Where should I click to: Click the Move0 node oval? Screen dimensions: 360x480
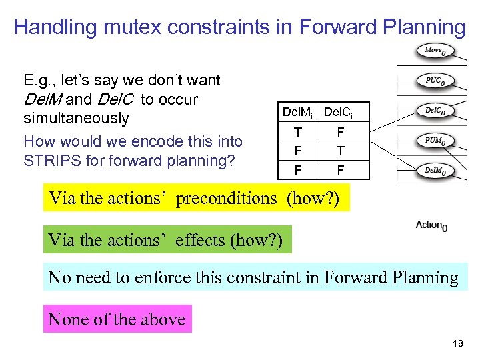(x=437, y=51)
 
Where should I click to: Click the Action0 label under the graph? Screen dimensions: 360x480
(x=431, y=225)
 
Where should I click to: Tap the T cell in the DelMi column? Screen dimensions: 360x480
(x=297, y=132)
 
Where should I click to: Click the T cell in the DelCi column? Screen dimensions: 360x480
(x=340, y=151)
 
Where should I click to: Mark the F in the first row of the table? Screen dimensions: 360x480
(x=340, y=132)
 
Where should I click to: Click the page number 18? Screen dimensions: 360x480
(x=457, y=344)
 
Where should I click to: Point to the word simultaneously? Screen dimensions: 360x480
(x=76, y=118)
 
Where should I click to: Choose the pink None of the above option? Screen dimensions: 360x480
(x=117, y=319)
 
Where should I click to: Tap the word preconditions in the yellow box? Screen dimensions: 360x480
(x=225, y=199)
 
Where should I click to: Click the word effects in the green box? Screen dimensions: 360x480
(x=200, y=240)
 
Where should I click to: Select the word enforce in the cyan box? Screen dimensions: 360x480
(x=171, y=277)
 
